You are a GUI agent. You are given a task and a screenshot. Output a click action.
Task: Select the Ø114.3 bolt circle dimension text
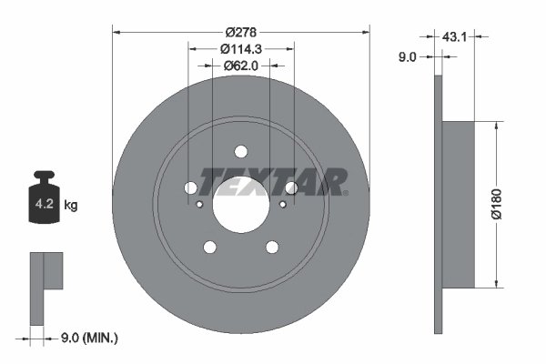pos(240,48)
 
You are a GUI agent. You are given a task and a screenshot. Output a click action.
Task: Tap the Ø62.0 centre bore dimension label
pos(240,65)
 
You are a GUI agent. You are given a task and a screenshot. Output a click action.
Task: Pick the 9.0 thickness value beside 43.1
pos(408,56)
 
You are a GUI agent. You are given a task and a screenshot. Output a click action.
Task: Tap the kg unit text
pos(71,206)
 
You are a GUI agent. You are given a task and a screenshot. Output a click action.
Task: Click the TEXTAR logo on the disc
pos(273,181)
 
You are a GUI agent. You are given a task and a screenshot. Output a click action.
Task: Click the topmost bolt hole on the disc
pos(240,152)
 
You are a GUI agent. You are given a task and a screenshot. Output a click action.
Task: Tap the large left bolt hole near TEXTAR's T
pos(190,187)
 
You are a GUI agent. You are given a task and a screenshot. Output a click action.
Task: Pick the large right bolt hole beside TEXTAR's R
pos(291,187)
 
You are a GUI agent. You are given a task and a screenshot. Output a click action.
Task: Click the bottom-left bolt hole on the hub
pos(209,247)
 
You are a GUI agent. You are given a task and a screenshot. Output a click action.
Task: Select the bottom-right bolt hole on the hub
pos(271,247)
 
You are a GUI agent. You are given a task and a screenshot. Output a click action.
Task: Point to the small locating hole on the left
pos(199,204)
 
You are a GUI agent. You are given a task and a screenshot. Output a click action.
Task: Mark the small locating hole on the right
pos(282,204)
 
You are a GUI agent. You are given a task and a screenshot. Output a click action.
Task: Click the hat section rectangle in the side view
pos(459,205)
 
